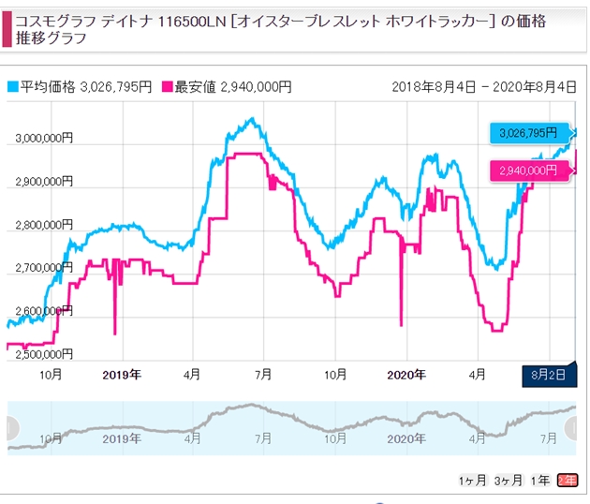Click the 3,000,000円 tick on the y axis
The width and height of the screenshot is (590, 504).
[x=38, y=139]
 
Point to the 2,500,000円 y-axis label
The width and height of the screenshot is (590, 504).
[x=38, y=354]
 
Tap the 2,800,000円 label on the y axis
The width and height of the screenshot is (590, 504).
[x=38, y=225]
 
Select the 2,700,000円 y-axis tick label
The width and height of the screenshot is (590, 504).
[x=38, y=268]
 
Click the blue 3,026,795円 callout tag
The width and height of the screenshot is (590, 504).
[x=527, y=133]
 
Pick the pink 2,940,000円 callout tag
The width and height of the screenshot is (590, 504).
[x=527, y=170]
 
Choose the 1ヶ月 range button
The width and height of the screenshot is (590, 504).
[x=472, y=480]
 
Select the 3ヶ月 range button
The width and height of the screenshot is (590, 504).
[x=509, y=480]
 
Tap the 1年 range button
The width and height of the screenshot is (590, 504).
[x=540, y=480]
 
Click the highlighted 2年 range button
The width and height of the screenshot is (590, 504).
[x=567, y=480]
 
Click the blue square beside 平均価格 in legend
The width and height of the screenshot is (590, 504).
[x=12, y=87]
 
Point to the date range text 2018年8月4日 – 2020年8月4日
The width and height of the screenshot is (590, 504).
[x=485, y=87]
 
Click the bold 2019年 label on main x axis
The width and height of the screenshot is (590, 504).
[x=122, y=375]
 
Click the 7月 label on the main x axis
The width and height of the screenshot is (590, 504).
[x=263, y=375]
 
